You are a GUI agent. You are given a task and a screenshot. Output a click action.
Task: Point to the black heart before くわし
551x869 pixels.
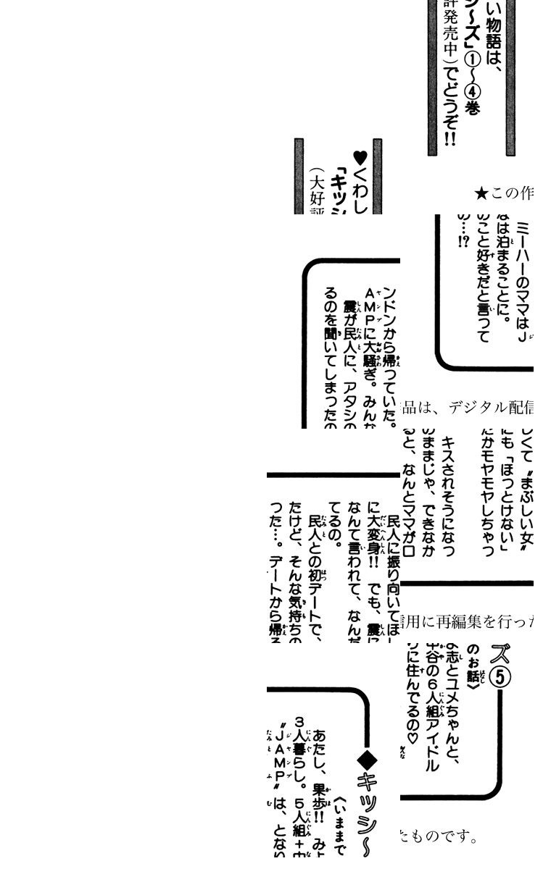pyautogui.click(x=360, y=157)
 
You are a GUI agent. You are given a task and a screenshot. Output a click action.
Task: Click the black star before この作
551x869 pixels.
pyautogui.click(x=481, y=193)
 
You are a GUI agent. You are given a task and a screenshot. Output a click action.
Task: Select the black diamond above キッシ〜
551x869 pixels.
pyautogui.click(x=368, y=760)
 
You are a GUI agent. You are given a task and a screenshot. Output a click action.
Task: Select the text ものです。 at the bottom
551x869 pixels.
pyautogui.click(x=438, y=837)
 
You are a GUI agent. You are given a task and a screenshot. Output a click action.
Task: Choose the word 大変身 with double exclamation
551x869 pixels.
pyautogui.click(x=374, y=529)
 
